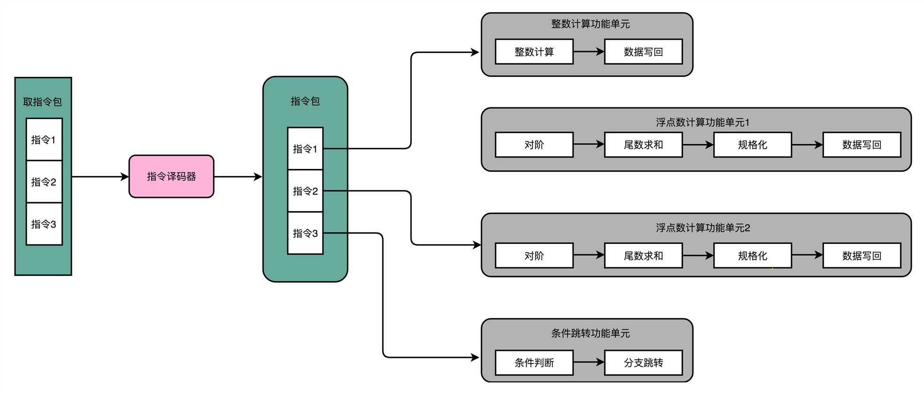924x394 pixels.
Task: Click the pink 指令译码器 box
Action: click(x=171, y=176)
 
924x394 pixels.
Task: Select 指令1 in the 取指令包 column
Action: click(x=44, y=139)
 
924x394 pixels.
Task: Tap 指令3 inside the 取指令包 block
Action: click(x=44, y=224)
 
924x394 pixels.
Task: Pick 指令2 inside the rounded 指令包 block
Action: click(x=305, y=191)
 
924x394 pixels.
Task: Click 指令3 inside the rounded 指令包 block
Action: click(x=305, y=233)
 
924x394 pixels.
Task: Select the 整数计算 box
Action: click(x=534, y=52)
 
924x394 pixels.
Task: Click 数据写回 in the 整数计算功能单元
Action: click(x=643, y=52)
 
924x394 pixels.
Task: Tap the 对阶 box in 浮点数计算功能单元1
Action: click(x=534, y=144)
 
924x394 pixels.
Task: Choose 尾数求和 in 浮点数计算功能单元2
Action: click(x=643, y=256)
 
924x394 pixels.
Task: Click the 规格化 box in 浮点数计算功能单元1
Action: click(x=752, y=144)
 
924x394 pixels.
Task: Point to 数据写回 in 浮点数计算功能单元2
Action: click(x=861, y=256)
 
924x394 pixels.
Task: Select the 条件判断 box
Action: click(x=534, y=363)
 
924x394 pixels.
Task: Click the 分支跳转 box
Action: click(x=643, y=363)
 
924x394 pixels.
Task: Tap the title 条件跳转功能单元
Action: click(x=590, y=333)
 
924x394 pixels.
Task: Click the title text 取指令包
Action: click(x=42, y=102)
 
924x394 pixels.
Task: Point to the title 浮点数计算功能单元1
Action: click(x=702, y=122)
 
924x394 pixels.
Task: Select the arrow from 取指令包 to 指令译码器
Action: click(x=100, y=177)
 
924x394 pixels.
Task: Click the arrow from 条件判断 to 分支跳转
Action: click(x=589, y=362)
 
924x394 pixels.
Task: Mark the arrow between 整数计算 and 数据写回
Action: click(x=589, y=52)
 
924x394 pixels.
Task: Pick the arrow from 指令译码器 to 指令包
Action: click(x=238, y=177)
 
